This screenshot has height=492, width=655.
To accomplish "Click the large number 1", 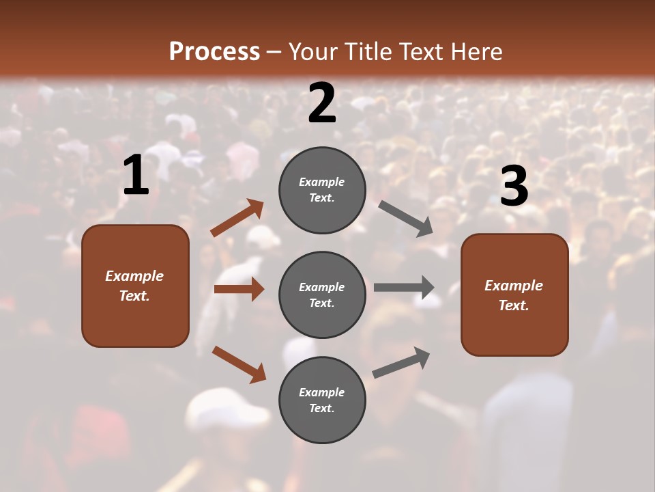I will [x=136, y=176].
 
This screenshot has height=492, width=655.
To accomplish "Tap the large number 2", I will [x=322, y=103].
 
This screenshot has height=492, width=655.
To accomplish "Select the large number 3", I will [x=514, y=187].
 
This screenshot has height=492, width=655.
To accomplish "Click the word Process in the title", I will [x=214, y=51].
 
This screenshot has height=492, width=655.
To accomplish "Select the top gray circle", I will [x=322, y=190].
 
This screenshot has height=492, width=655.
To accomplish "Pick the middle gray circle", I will [x=322, y=295].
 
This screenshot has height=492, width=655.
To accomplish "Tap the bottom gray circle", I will [x=322, y=400].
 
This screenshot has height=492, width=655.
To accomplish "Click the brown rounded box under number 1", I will [x=135, y=286].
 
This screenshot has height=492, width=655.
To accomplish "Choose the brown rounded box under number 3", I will [x=514, y=295].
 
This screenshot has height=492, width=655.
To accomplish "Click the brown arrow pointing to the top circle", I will [x=237, y=218].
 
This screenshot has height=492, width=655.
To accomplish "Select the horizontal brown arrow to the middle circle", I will [x=239, y=289].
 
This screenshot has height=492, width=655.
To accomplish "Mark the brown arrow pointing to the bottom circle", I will [x=239, y=364].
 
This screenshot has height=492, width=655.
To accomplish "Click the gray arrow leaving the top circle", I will [x=405, y=218].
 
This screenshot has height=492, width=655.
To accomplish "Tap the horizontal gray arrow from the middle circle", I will [x=404, y=287].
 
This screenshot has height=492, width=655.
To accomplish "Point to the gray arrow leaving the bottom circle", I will [x=401, y=363].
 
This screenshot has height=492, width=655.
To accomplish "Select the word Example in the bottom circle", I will [x=321, y=392].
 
